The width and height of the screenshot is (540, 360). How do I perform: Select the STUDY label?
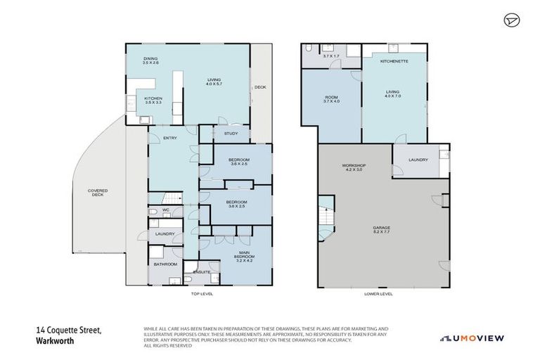point(231,133)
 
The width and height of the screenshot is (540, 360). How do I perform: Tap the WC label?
point(167,210)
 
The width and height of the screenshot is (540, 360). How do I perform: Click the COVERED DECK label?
point(97,193)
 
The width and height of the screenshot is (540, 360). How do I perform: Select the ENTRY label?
point(170,138)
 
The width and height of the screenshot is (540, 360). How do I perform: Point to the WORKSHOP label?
point(354,167)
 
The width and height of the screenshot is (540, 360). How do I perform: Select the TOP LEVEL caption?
point(200,294)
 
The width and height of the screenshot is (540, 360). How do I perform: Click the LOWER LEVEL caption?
point(379,294)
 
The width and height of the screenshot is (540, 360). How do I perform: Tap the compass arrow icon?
point(511,21)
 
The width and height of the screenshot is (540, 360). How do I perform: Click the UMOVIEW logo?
point(472,338)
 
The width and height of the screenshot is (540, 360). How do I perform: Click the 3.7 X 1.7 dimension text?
point(331,56)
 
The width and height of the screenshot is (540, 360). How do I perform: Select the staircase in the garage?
point(326,219)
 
